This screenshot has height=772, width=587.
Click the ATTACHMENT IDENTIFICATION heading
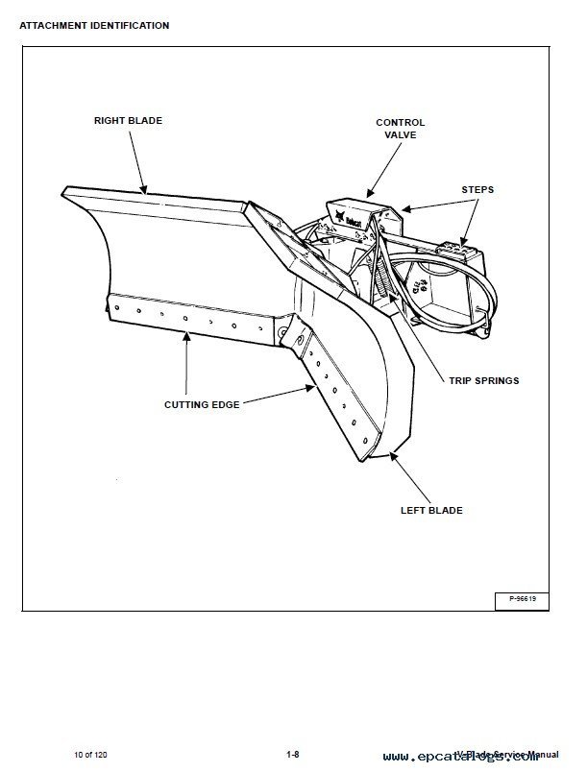[x=94, y=25]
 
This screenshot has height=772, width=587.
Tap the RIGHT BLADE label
[x=128, y=121]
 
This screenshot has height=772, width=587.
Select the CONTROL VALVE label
[x=400, y=129]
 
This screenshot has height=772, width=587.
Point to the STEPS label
[x=477, y=189]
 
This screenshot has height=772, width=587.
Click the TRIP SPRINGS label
[x=483, y=380]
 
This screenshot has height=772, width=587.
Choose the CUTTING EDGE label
[x=202, y=404]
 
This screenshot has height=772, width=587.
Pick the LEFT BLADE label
[x=431, y=510]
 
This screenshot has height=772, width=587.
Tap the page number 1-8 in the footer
[x=293, y=754]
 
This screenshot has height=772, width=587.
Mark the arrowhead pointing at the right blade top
[x=146, y=191]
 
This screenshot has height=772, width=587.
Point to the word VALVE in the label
[x=400, y=135]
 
